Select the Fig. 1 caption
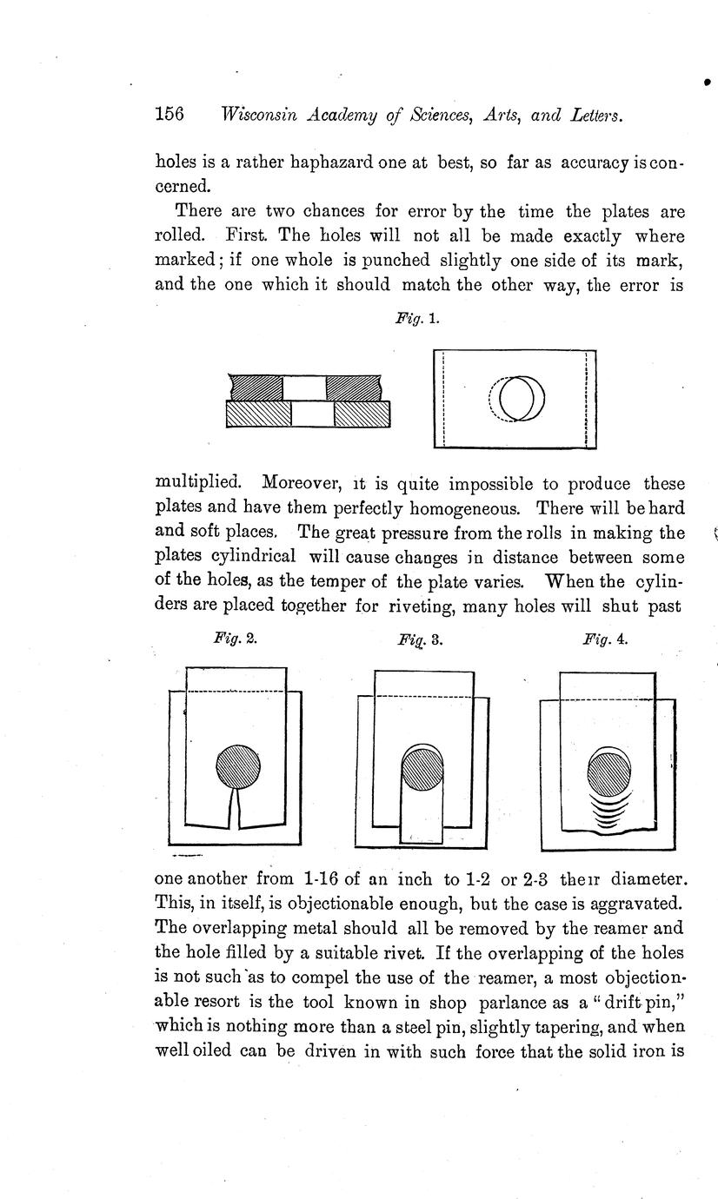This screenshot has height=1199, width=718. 416,319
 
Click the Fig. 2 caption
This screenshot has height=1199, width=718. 235,638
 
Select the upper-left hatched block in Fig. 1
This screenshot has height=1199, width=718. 256,388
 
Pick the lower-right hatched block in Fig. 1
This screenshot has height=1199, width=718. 362,414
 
